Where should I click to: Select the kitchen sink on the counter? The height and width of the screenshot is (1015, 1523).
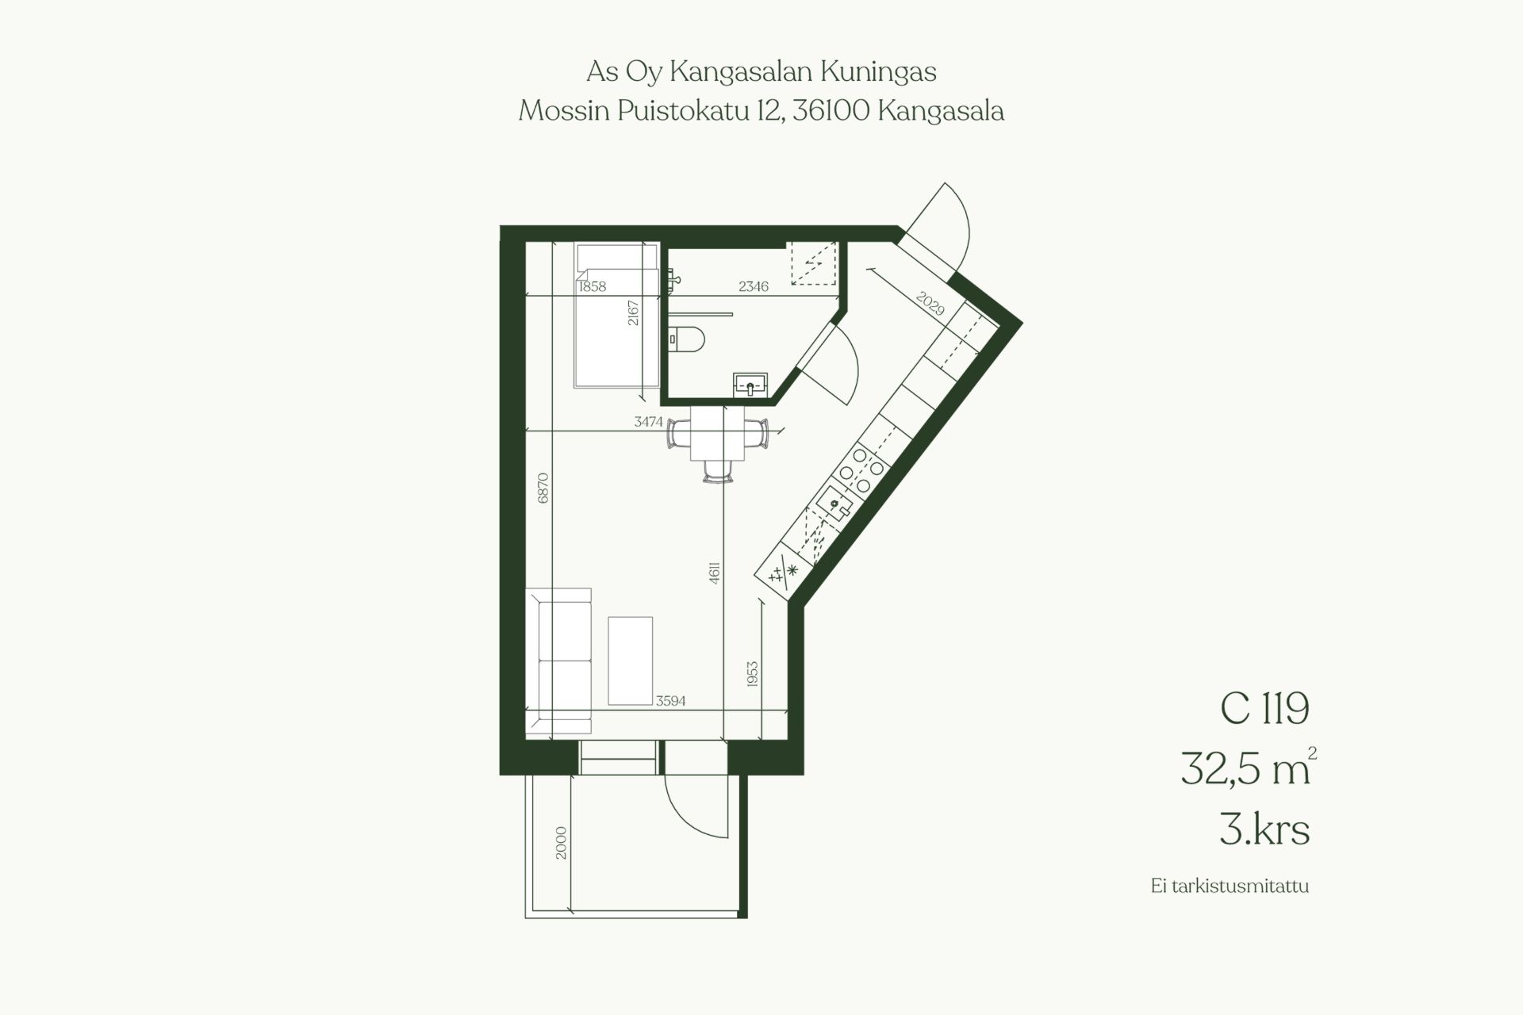(834, 503)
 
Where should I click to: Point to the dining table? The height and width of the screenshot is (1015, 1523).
(717, 433)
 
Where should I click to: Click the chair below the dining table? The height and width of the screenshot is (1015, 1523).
(717, 471)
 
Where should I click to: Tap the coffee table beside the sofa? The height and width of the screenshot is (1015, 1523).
(631, 661)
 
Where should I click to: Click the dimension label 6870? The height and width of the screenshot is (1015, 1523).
(543, 488)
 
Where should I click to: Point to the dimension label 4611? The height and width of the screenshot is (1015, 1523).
(715, 573)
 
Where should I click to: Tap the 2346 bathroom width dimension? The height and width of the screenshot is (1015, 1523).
(754, 286)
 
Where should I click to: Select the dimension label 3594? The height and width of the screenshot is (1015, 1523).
(670, 701)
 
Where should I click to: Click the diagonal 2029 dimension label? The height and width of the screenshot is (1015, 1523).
(930, 303)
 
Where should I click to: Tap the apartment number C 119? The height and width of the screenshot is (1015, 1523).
(1264, 708)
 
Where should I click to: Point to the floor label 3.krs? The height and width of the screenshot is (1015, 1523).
(1264, 830)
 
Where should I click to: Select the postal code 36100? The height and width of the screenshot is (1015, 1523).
(831, 111)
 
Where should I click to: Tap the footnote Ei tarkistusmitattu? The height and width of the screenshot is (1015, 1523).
(1230, 886)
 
